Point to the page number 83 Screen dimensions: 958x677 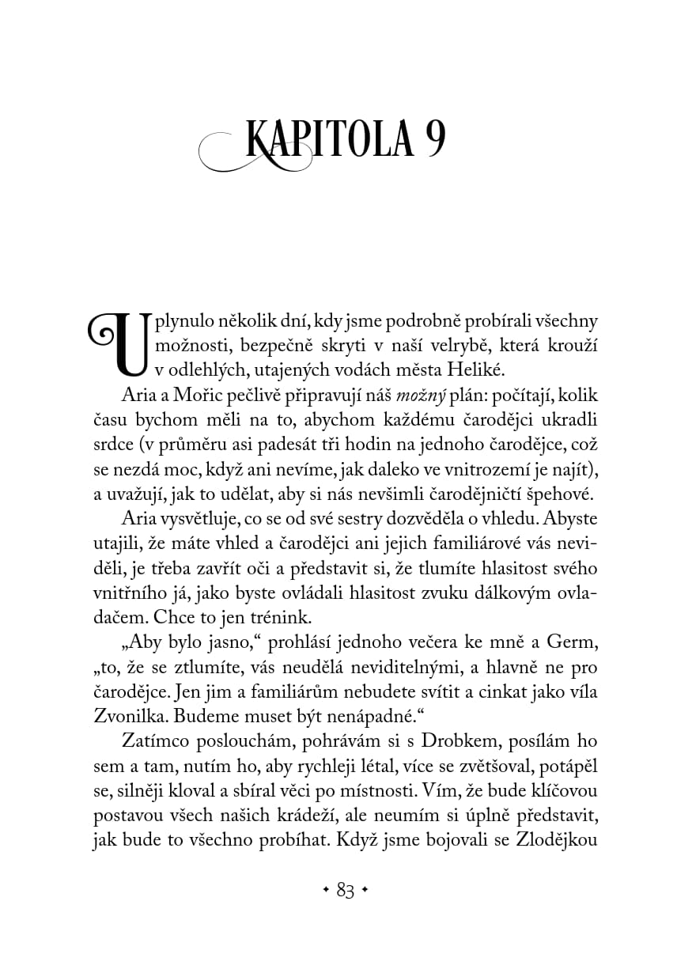[x=345, y=890]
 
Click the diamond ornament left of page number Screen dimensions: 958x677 [x=326, y=890]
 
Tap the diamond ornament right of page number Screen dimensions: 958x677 [x=364, y=890]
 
